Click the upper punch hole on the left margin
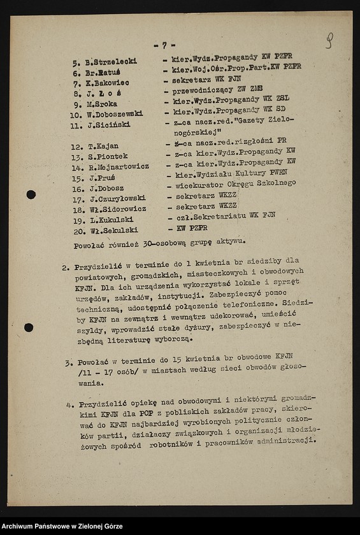coord(31,194)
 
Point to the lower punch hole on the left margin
coord(29,327)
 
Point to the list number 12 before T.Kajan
coord(76,146)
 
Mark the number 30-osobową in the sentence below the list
coord(166,242)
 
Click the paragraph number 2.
coord(66,268)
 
